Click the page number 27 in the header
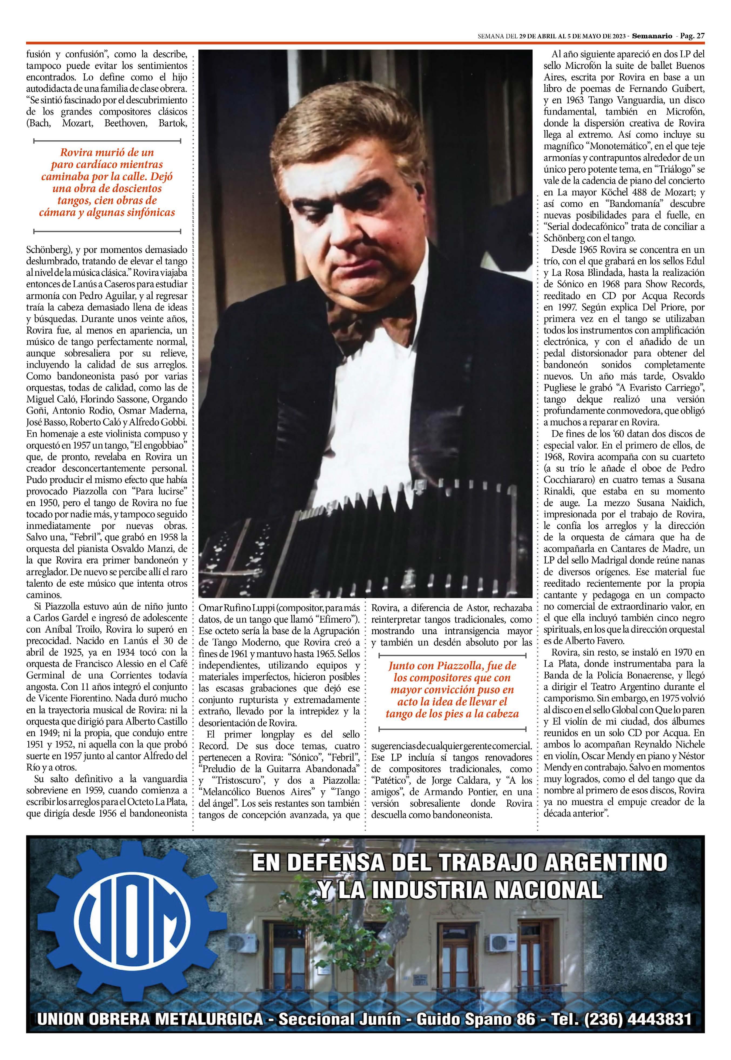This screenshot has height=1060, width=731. pos(699,36)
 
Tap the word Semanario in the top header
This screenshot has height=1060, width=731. pos(653,36)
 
